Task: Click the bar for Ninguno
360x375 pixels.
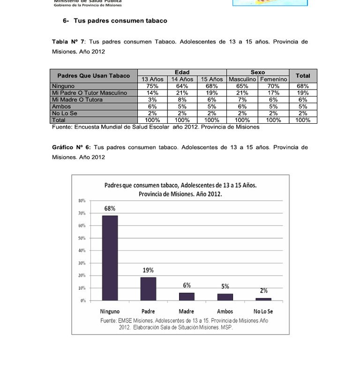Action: (x=110, y=258)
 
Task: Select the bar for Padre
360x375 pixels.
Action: (x=148, y=288)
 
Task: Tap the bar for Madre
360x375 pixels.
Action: (x=187, y=296)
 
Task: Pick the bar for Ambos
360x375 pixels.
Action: (x=225, y=297)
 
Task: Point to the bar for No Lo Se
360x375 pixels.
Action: (x=263, y=299)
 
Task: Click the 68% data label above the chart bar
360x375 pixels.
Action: (x=110, y=208)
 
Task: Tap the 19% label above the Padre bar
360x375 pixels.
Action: (x=148, y=270)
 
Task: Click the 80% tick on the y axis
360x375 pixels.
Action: (x=82, y=201)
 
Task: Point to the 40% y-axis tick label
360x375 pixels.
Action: (x=82, y=250)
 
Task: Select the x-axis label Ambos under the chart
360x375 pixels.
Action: (x=225, y=311)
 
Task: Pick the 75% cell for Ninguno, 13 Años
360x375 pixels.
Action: (x=152, y=86)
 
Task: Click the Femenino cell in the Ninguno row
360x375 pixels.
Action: (x=274, y=86)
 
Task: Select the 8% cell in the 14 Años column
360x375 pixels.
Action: (x=182, y=100)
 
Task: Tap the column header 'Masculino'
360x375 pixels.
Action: (x=242, y=80)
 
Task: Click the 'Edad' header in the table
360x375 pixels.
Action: (x=182, y=72)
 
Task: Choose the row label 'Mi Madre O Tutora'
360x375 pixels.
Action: (x=77, y=100)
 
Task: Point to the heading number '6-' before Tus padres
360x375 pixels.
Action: (x=66, y=21)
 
